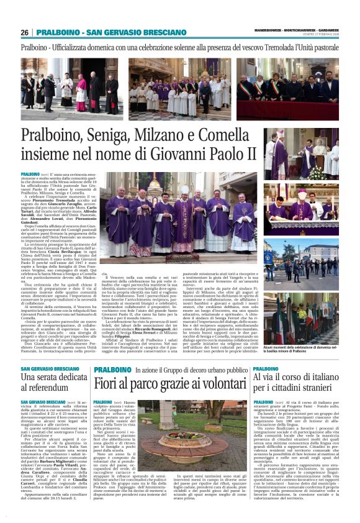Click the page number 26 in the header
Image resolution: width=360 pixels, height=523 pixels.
click(x=25, y=32)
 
